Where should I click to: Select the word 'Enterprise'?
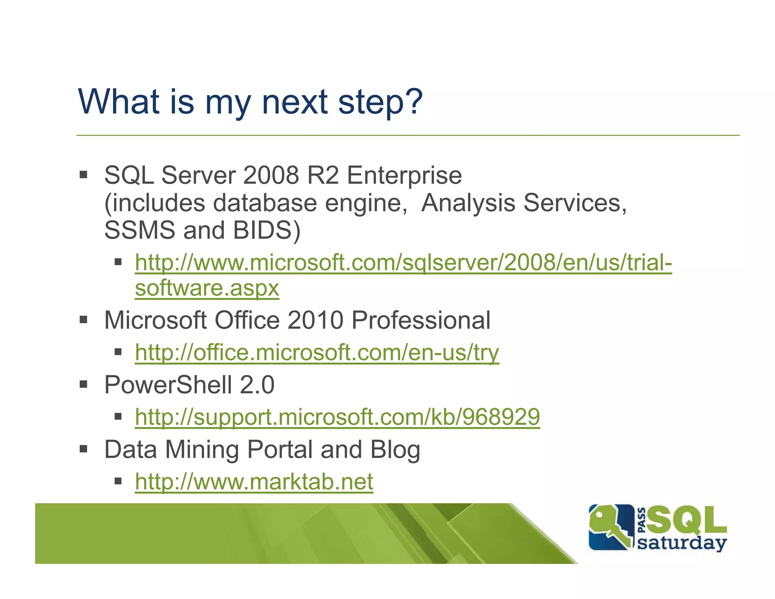(404, 176)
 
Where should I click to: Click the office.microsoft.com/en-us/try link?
(317, 353)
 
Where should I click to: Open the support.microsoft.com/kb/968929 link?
(337, 417)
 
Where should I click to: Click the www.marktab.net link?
(254, 482)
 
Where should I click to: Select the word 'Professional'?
(421, 320)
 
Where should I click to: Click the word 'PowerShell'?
(168, 385)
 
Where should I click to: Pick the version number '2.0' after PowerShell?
(257, 385)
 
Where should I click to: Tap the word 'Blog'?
(395, 450)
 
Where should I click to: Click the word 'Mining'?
(202, 450)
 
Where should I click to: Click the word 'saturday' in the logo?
(682, 543)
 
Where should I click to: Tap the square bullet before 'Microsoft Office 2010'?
(84, 320)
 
